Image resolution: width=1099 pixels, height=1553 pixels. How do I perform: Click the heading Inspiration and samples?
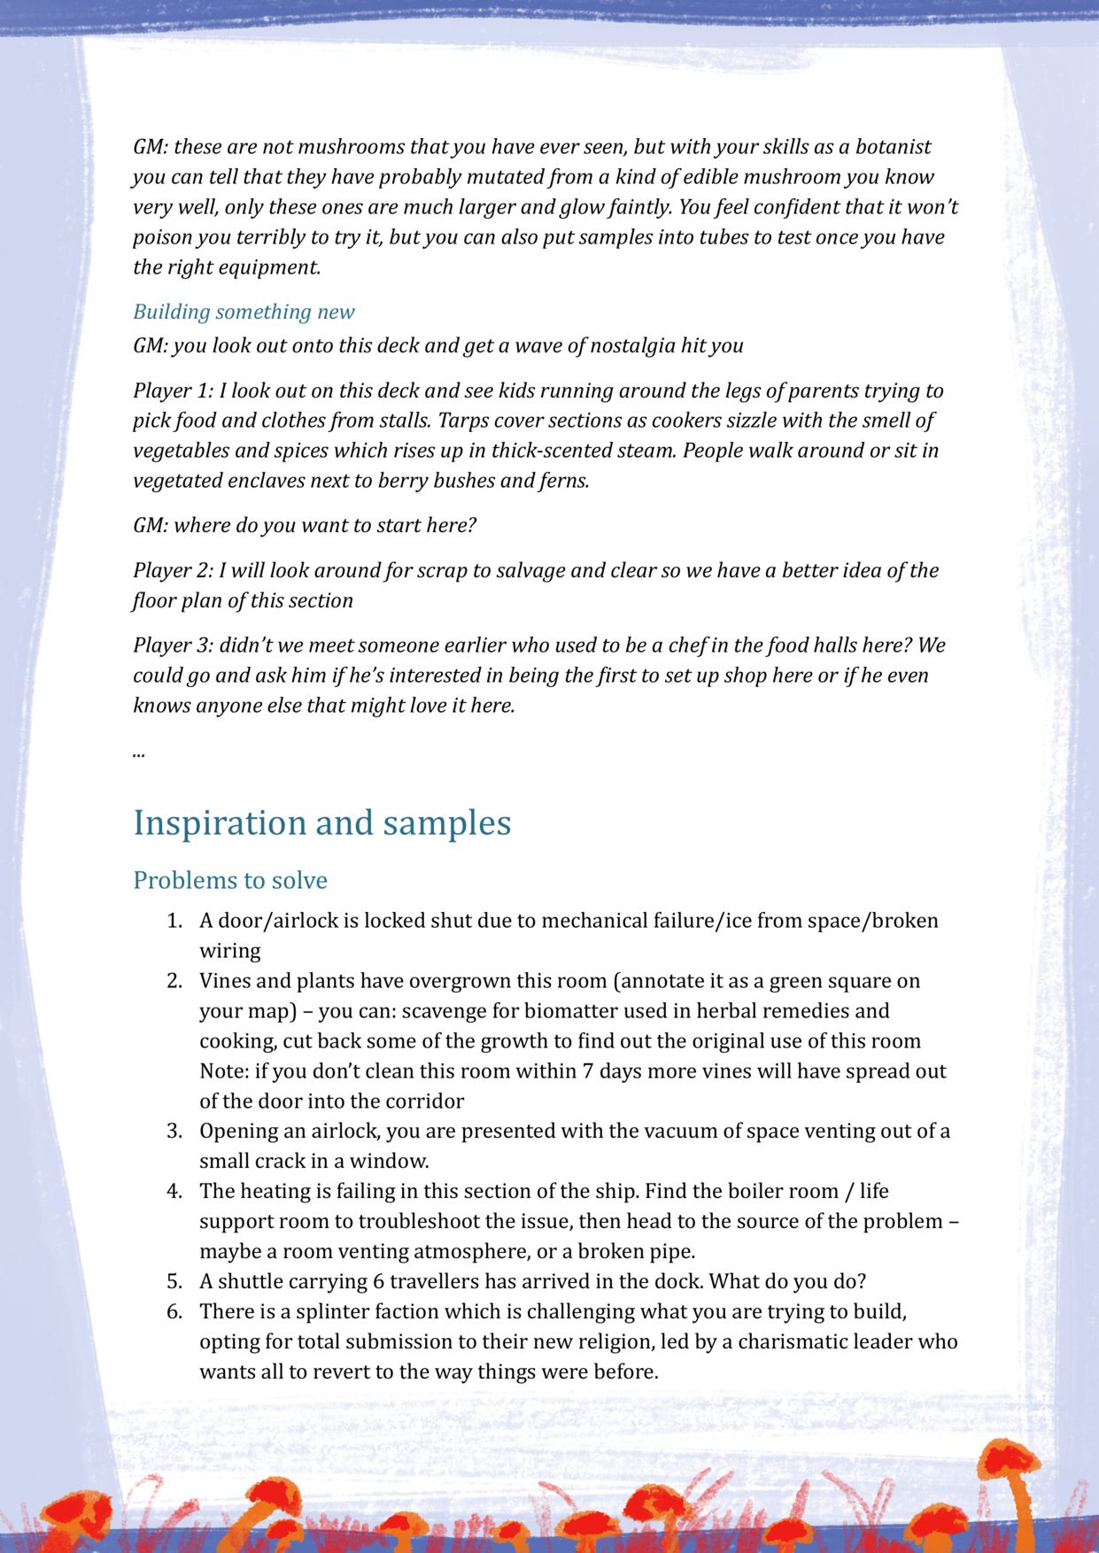pos(321,823)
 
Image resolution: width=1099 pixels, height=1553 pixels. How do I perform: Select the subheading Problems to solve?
pos(230,880)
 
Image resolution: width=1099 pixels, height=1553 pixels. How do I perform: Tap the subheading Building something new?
pos(244,312)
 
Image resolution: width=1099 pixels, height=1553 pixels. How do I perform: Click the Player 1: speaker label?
pos(173,390)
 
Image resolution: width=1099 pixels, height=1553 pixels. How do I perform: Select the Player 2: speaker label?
pos(173,570)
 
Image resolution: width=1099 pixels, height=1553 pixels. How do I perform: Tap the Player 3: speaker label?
pos(173,645)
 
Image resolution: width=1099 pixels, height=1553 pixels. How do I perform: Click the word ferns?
pos(562,481)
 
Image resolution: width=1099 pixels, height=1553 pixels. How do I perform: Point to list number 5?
pos(174,1281)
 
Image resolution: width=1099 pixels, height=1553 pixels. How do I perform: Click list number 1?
pos(174,921)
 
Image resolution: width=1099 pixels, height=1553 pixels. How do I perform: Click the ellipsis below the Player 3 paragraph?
pos(139,753)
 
